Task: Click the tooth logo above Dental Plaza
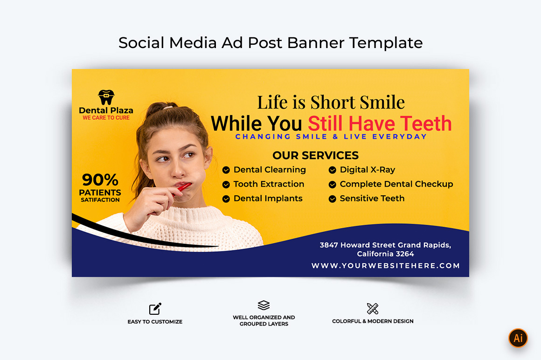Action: tap(106, 97)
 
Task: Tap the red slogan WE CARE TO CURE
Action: tap(106, 118)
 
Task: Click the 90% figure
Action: tap(100, 180)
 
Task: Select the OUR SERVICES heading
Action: tap(315, 155)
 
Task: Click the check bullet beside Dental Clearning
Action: tap(226, 170)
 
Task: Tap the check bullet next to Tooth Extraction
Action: tap(226, 185)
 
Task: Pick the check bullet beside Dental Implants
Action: tap(226, 199)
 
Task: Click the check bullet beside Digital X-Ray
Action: tap(332, 170)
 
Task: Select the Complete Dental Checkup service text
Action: tap(396, 184)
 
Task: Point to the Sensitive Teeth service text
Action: tap(372, 198)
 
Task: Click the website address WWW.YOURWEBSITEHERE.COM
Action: tap(385, 265)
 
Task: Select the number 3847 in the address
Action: tap(328, 245)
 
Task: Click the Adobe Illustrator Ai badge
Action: tap(518, 338)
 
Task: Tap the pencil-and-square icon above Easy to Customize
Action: tap(155, 309)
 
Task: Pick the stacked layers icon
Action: tap(264, 305)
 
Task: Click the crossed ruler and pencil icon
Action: tap(373, 309)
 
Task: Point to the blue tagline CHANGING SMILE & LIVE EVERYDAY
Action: tap(331, 137)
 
